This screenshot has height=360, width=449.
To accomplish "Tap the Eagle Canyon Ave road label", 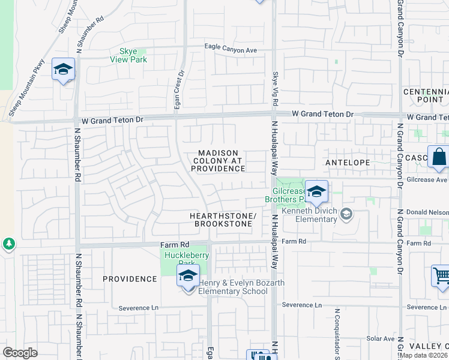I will pos(229,50).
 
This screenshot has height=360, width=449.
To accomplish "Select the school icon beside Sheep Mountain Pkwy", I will pos(63,70).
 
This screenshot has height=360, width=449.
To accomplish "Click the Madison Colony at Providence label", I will pos(218,161).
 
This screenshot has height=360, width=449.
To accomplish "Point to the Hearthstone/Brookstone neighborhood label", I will pos(223,220).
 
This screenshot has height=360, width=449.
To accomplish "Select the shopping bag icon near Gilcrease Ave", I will pos(439,158).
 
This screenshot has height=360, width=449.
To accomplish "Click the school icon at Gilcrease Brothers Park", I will pos(316,192).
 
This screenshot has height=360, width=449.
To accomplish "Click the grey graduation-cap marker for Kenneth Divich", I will pos(346,213).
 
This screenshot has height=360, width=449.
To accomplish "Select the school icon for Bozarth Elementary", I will pos(188,276).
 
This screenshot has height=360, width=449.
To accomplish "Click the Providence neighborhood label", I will pos(129,279).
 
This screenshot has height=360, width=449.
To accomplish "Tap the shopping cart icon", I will pos(441,277).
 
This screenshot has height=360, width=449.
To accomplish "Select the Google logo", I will pos(20,352).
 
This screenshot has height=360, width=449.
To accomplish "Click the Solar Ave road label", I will pos(381,339).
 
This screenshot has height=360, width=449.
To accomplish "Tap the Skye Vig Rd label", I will pos(274,86).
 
